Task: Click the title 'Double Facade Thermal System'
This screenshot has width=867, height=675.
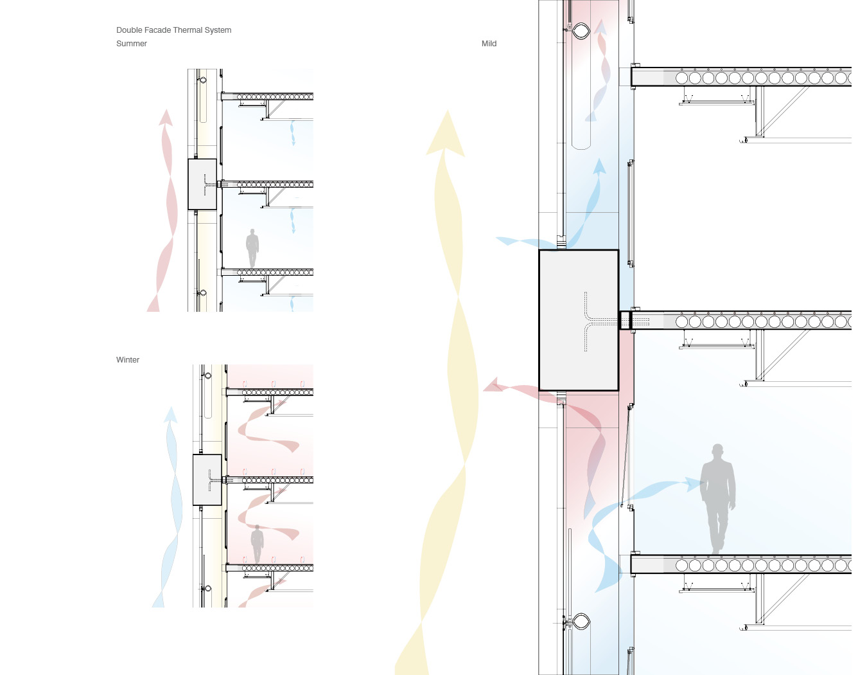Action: point(173,30)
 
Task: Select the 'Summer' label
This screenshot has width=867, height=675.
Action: point(131,44)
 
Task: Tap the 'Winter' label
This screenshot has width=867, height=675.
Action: point(128,360)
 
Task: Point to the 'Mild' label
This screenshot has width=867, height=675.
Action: point(489,44)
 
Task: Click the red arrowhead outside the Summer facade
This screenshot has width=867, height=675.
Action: point(166,118)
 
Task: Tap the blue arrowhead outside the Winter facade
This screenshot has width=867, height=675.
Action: point(171,415)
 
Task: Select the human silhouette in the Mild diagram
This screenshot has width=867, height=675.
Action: point(718,500)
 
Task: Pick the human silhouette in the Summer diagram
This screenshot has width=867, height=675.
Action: point(252,248)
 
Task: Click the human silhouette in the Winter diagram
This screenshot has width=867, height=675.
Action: point(257,544)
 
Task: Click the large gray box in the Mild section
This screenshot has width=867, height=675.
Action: point(579,320)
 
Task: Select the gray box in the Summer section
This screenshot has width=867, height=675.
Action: point(202,184)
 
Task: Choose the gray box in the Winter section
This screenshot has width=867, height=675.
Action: point(207,480)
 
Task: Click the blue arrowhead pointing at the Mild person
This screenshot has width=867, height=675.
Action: point(694,484)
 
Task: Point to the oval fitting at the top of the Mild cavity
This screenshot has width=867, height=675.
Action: point(581,31)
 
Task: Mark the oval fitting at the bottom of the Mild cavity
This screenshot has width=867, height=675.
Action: point(581,622)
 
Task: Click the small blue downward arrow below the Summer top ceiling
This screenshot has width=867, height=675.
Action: point(293,133)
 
